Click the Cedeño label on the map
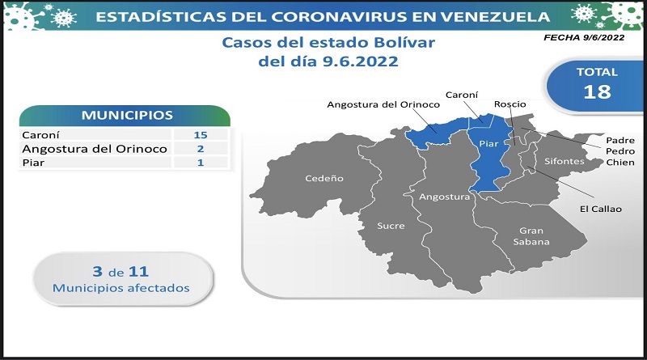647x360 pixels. (x=324, y=178)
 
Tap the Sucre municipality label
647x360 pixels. (x=391, y=226)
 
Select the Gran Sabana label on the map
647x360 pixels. (x=531, y=236)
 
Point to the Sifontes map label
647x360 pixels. (x=564, y=162)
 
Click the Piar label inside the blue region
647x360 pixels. (x=488, y=144)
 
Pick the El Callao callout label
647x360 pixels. (x=600, y=209)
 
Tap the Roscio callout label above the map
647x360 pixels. (x=510, y=104)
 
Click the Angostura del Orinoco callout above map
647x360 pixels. (x=383, y=105)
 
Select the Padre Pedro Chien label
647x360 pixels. (x=620, y=151)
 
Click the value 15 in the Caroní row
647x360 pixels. (x=201, y=135)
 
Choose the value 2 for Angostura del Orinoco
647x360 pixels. (x=201, y=149)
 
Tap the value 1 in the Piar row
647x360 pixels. (x=201, y=163)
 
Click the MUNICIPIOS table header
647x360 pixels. (x=127, y=115)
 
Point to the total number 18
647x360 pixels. (x=597, y=91)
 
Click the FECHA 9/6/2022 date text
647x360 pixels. (x=584, y=37)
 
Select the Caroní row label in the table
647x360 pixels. (x=41, y=135)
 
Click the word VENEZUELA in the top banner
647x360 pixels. (x=495, y=16)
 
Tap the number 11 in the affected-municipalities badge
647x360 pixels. (x=138, y=272)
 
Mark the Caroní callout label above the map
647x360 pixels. (x=462, y=95)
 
